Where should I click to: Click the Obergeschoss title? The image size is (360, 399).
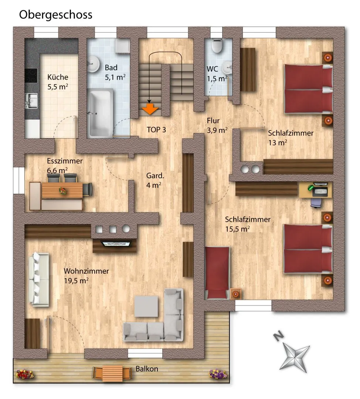(55, 15)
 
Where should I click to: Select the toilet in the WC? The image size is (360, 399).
(217, 45)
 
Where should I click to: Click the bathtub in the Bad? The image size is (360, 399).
(100, 112)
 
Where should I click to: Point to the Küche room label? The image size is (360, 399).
(58, 82)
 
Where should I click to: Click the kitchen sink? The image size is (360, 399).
(31, 101)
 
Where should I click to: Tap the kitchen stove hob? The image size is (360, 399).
(31, 75)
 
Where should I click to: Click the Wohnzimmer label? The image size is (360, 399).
(86, 276)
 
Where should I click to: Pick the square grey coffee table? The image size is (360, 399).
(146, 306)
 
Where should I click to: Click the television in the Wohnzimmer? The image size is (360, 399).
(116, 244)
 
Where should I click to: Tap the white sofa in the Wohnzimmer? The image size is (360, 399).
(39, 279)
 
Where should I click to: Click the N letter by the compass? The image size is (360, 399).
(279, 336)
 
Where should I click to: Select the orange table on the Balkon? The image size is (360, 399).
(112, 373)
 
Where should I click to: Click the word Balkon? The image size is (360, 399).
(147, 369)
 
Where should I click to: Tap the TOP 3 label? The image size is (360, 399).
(156, 130)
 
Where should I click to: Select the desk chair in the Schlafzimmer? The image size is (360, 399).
(316, 202)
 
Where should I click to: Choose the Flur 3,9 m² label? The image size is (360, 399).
(217, 126)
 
